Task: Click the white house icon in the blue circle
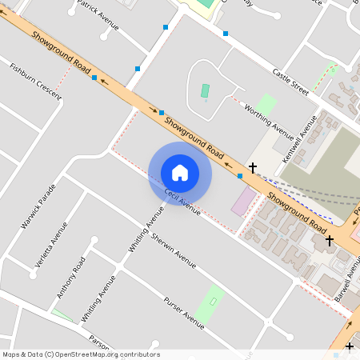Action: [180, 172]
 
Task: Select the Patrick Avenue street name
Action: [98, 15]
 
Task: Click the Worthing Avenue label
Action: [269, 118]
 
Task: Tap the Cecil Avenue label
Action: [182, 202]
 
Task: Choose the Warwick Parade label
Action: [38, 206]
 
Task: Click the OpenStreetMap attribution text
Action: [81, 354]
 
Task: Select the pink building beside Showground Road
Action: [244, 201]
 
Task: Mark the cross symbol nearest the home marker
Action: [253, 167]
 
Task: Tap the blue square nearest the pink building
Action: [240, 175]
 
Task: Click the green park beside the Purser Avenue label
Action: [210, 305]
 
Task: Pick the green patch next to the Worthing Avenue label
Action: [266, 104]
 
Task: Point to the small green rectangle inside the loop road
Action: [206, 92]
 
